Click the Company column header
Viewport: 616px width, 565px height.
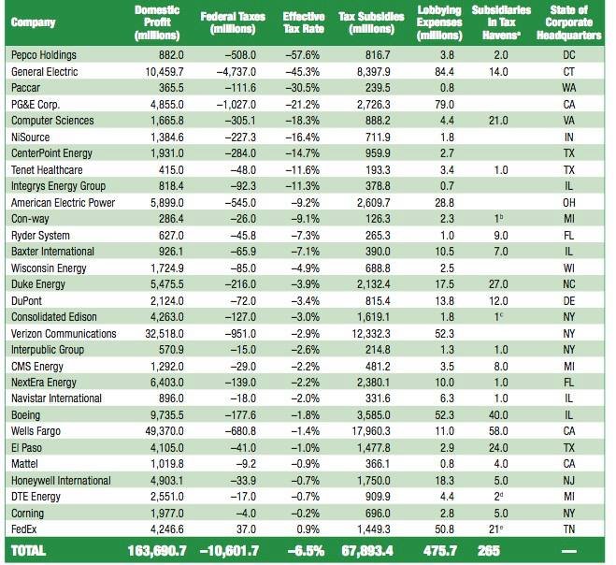[x=33, y=22]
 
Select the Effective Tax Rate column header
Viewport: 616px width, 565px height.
[x=304, y=22]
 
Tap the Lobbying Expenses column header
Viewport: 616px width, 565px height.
[x=439, y=22]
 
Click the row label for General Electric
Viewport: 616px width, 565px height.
[x=44, y=71]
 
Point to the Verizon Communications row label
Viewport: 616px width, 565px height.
[x=64, y=333]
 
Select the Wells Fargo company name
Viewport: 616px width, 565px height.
[x=36, y=431]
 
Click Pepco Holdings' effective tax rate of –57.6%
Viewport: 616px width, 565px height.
[x=303, y=55]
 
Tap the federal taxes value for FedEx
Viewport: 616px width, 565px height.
[x=247, y=529]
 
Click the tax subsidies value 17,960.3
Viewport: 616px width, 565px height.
[x=371, y=431]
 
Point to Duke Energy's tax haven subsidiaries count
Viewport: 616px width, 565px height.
[x=498, y=284]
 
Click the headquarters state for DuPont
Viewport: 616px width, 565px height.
[x=569, y=301]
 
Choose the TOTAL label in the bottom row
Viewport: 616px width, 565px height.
[x=28, y=550]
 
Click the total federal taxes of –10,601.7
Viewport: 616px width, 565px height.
[x=229, y=550]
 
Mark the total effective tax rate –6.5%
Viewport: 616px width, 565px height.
[x=306, y=550]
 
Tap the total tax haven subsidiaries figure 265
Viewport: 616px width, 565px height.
[x=489, y=550]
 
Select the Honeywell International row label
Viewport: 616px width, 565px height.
[x=61, y=481]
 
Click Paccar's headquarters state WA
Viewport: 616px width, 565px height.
[x=569, y=88]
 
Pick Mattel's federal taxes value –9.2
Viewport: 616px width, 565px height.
[x=246, y=464]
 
